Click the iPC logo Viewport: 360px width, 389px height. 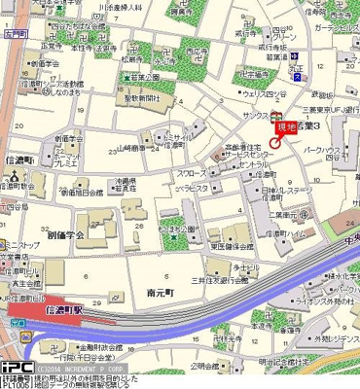[17, 368]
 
